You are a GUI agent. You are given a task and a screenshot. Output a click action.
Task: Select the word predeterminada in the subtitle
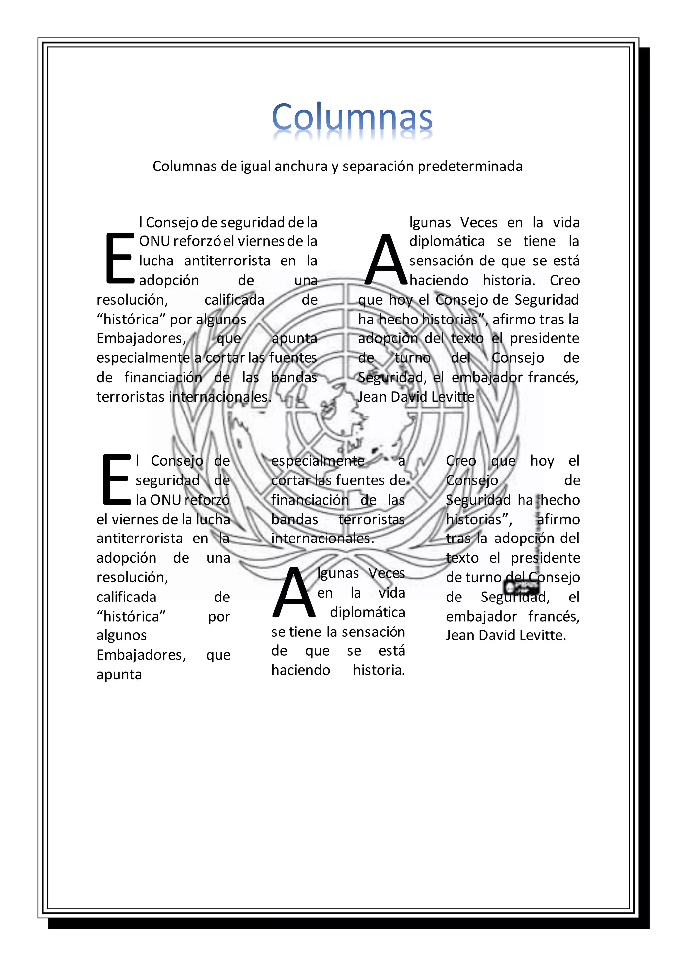pos(470,167)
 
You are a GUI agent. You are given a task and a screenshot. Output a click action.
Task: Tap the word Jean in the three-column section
pos(460,635)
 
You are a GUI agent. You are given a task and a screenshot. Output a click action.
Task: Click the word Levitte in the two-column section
pos(453,397)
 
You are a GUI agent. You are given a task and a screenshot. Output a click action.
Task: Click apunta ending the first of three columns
pos(119,674)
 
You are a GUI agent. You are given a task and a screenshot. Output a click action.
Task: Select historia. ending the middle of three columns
pos(379,670)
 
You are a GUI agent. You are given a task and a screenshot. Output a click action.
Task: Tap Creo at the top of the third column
pos(461,461)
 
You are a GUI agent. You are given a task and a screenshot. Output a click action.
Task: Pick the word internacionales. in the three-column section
pos(322,539)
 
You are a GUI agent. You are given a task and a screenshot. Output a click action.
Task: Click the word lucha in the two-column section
pos(156,261)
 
